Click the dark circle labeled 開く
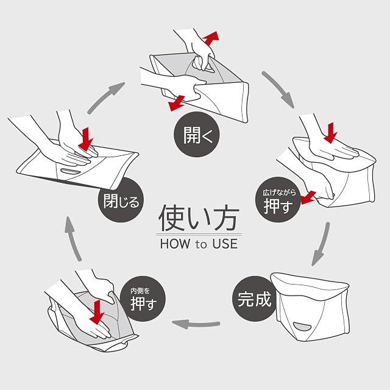coord(196,134)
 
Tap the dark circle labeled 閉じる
coord(121,200)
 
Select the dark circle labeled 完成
coord(255,299)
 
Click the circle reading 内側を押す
coord(143,299)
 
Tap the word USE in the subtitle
coord(225,244)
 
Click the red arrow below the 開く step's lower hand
coord(177,103)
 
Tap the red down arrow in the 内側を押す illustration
coord(97,312)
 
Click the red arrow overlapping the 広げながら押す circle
coord(308,197)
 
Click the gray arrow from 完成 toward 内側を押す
coord(196,324)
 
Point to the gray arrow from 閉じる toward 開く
coord(105,97)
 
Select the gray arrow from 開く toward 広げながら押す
coord(278,90)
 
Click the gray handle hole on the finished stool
coord(303,327)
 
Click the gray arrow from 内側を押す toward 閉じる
coord(73,239)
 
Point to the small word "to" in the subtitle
coord(201,245)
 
